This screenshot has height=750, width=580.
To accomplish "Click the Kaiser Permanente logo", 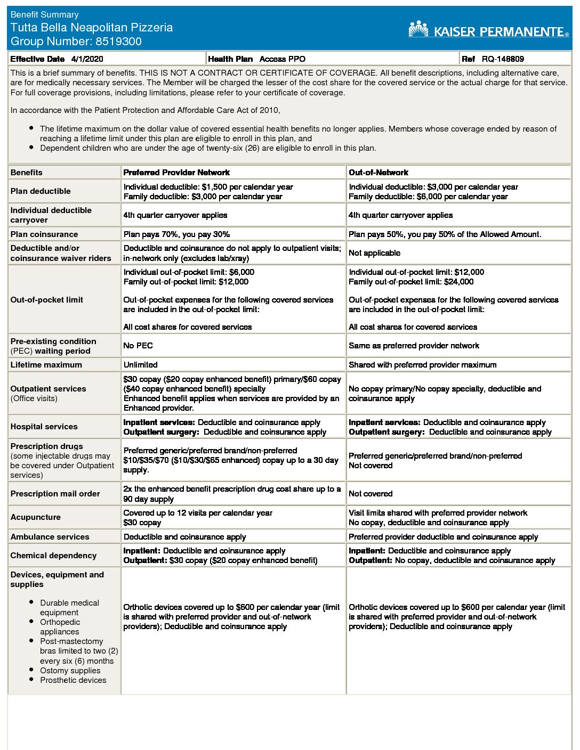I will pos(488,30).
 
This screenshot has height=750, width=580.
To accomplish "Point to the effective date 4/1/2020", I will pos(87,59).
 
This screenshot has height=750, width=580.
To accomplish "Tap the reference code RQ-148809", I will pos(503,59).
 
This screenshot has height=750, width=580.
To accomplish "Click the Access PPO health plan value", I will pos(283,59).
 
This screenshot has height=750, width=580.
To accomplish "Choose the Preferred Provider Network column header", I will pos(176,173).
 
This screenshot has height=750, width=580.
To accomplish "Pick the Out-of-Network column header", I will pos(378,173).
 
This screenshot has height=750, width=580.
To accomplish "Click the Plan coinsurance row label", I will pos(44,234).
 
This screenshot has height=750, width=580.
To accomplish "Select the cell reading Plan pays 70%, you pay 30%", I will pos(176,234).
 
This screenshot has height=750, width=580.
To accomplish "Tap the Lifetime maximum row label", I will pos(46,365).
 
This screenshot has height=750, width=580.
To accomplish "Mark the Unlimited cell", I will pos(140,365).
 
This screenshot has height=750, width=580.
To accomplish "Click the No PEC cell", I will pos(138,346).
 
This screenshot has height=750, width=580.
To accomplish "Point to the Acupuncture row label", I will pos(36,517).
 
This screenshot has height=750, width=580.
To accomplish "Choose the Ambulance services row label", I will pos(50,537).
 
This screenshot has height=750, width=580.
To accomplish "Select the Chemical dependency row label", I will pos(53,556).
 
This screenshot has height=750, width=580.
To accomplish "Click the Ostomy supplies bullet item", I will pos(70,671).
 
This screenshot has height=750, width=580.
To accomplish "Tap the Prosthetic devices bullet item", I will pos(73,680).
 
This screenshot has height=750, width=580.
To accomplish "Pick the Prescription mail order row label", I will pos(55,494).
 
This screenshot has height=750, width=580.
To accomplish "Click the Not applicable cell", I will pos(374,253).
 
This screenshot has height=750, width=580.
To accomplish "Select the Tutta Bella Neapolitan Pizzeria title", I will pos(92,28).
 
